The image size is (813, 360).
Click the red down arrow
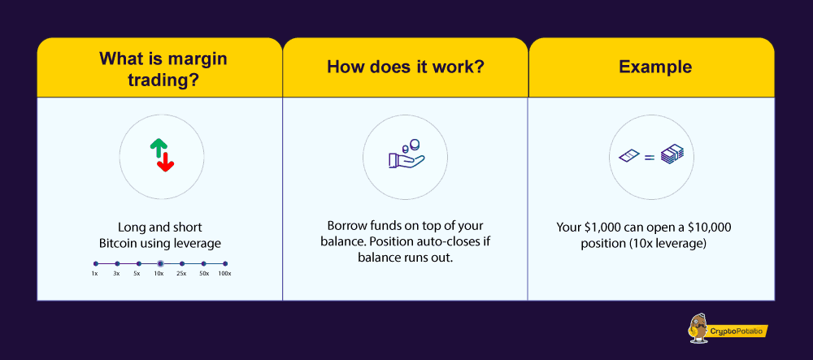(166, 162)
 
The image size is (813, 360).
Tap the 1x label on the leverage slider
(95, 274)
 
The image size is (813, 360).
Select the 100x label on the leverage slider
(224, 274)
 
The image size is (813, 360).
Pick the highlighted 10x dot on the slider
(160, 263)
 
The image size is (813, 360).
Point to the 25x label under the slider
(181, 274)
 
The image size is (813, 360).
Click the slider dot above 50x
(204, 263)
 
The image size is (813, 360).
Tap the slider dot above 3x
(117, 263)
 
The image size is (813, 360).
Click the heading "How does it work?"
(406, 67)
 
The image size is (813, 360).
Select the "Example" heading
(655, 67)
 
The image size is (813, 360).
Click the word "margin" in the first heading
(198, 59)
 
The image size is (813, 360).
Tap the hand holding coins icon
(406, 154)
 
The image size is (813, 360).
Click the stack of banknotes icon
(672, 154)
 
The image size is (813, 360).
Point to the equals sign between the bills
(650, 156)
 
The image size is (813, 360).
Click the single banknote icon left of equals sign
(630, 155)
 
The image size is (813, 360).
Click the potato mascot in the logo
(698, 328)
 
